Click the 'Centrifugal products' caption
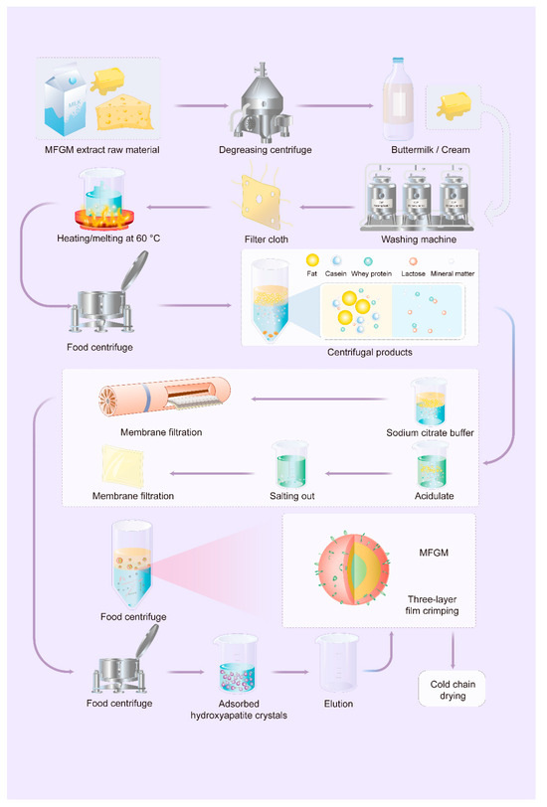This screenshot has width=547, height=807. pyautogui.click(x=371, y=353)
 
